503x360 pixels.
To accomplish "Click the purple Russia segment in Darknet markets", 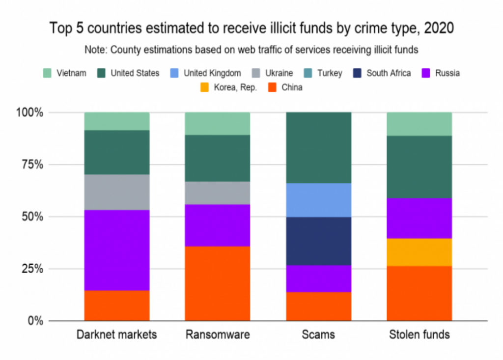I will click(116, 250).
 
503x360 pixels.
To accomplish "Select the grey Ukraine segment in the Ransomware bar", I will click(217, 193).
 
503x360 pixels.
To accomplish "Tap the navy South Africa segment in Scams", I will click(319, 241).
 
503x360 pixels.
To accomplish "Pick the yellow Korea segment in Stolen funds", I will click(419, 252).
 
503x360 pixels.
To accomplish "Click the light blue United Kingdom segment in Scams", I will click(319, 200).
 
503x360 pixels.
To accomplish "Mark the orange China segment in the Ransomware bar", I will click(217, 283).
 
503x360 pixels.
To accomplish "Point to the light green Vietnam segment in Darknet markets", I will click(116, 121).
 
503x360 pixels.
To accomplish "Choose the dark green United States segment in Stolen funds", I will click(419, 167).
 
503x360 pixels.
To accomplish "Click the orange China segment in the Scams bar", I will click(319, 306).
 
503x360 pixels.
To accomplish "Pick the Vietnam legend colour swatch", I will click(48, 73).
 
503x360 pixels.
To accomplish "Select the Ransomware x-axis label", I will click(217, 335).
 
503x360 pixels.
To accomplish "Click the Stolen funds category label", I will click(419, 335).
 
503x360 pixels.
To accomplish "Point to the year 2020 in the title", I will click(438, 28).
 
